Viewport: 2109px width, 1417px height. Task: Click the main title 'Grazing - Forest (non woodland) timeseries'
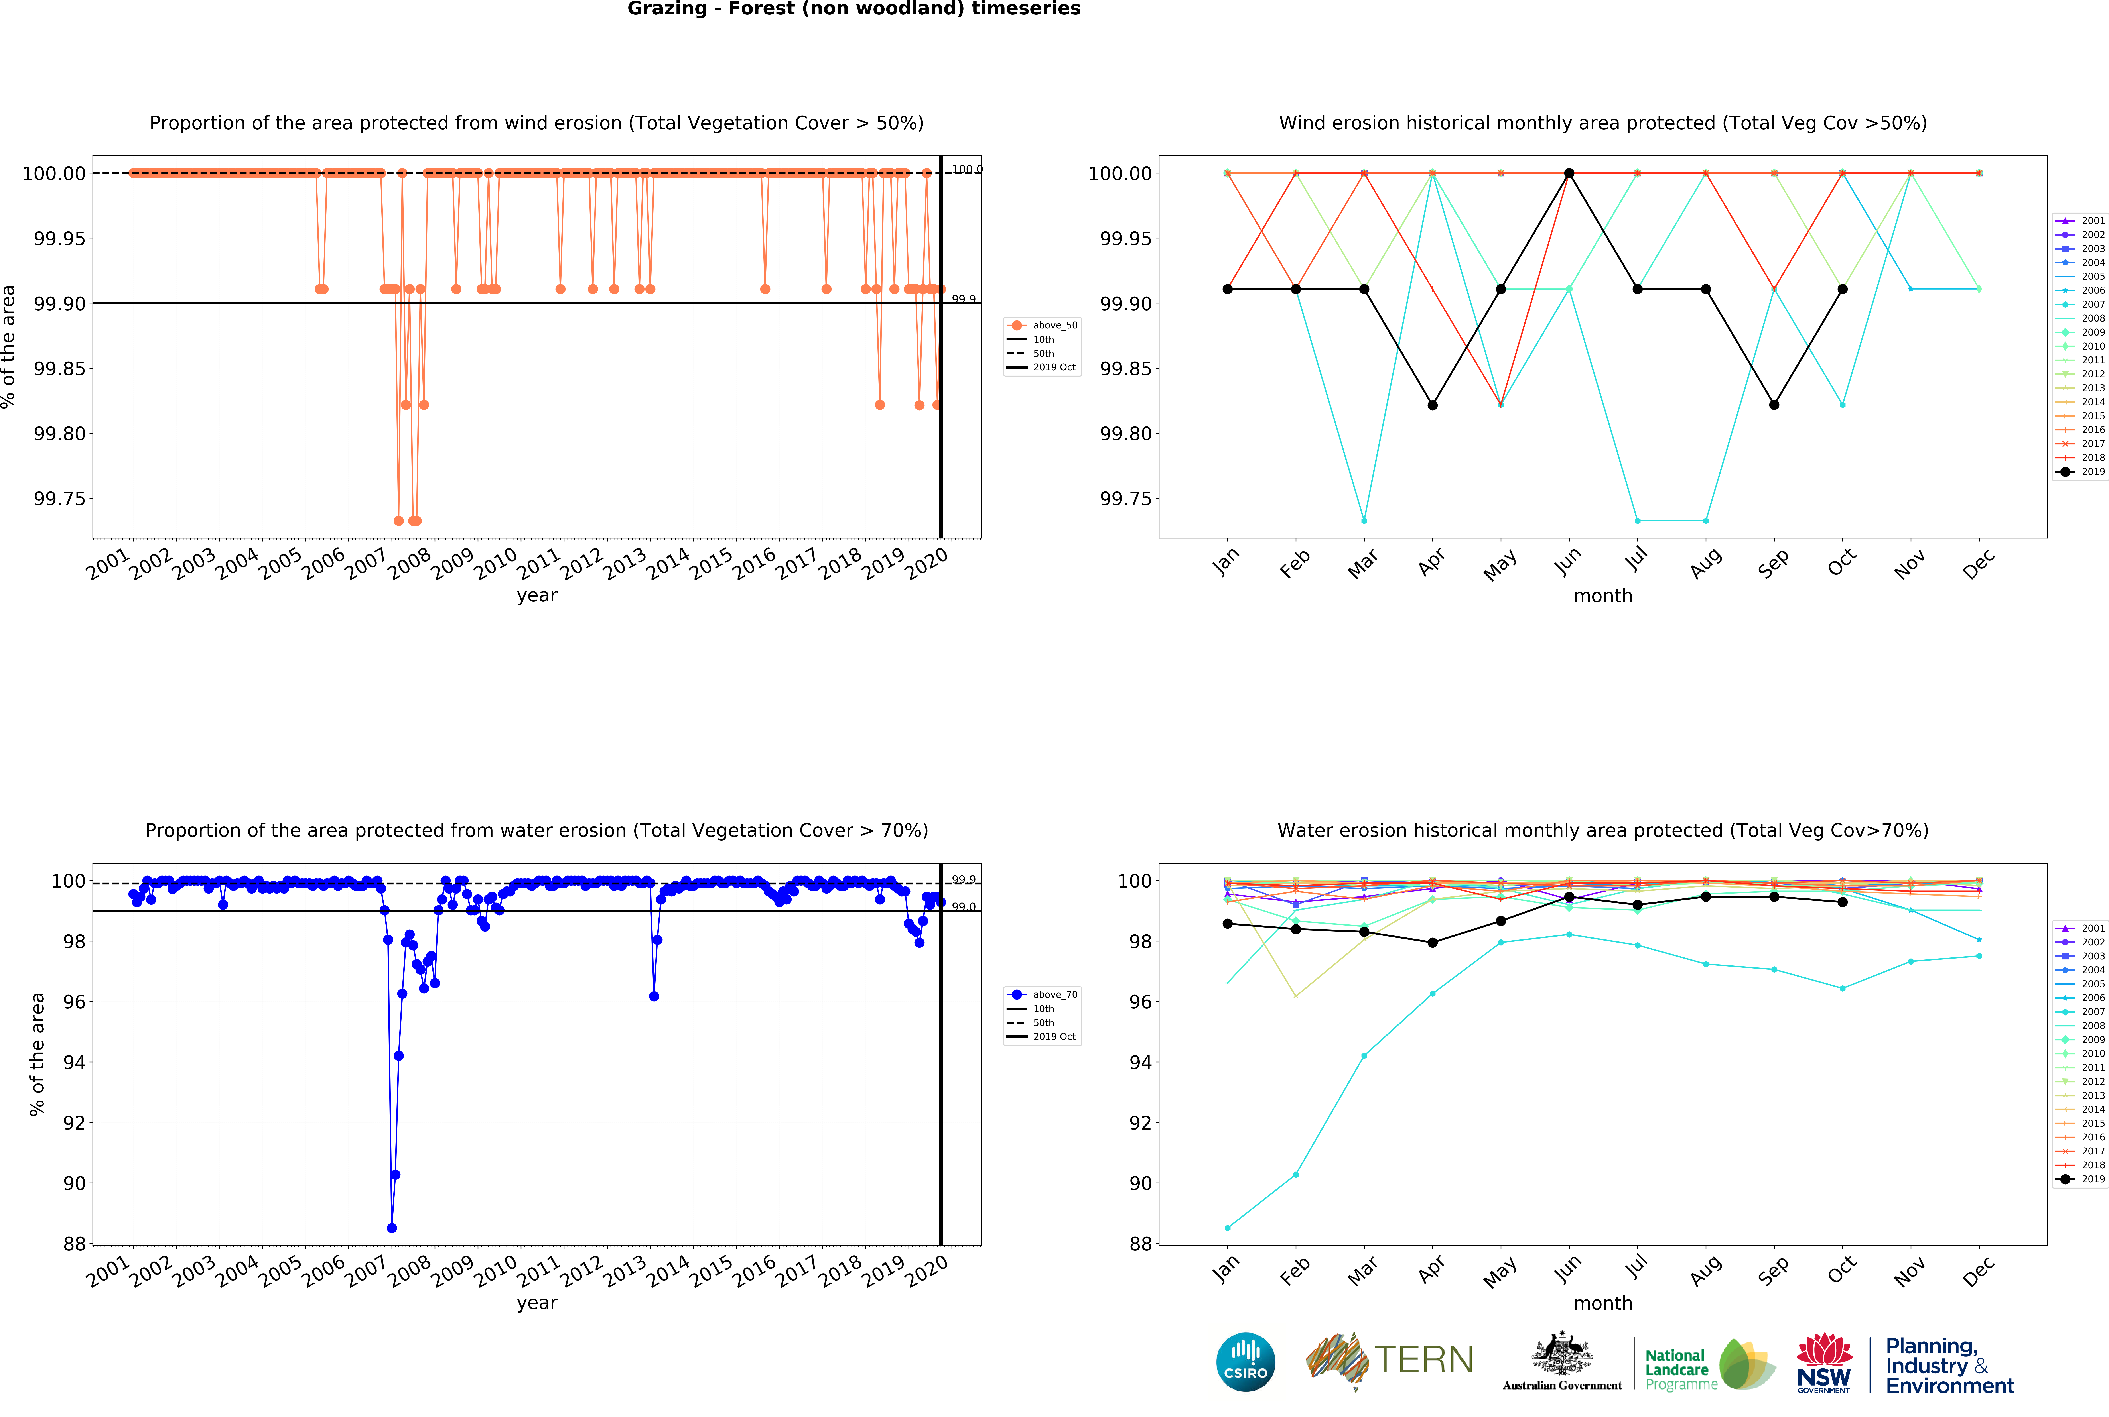[x=853, y=9]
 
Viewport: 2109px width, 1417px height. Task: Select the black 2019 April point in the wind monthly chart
[x=1432, y=405]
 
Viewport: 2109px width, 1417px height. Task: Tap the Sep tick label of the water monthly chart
[x=1774, y=1270]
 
